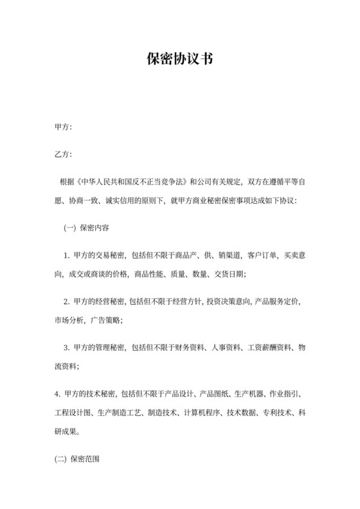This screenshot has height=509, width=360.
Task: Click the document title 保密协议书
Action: [x=179, y=58]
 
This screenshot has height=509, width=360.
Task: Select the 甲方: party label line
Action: [x=63, y=127]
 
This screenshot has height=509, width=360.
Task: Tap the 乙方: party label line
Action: [x=63, y=155]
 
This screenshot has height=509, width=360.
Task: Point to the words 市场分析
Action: [x=69, y=319]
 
